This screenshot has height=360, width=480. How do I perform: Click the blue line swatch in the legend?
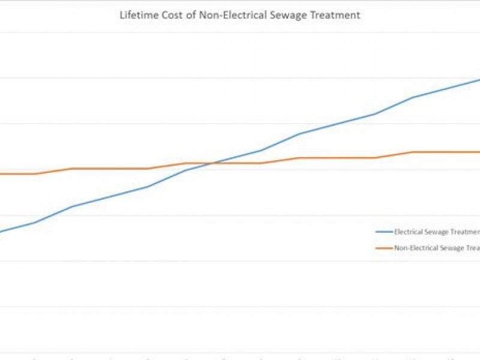coord(383,232)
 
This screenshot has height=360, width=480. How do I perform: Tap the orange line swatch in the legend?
coord(383,248)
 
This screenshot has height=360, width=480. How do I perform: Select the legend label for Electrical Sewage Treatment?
coord(436,232)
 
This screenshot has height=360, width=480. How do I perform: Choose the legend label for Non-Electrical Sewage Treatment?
coord(436,248)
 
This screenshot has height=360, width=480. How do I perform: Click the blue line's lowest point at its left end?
coord(1,232)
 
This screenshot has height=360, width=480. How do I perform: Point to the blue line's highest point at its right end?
coord(479,79)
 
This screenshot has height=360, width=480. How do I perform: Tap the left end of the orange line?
coord(1,174)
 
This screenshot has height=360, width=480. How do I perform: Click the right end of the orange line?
coord(479,152)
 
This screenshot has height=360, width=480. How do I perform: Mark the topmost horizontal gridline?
coord(240,32)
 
